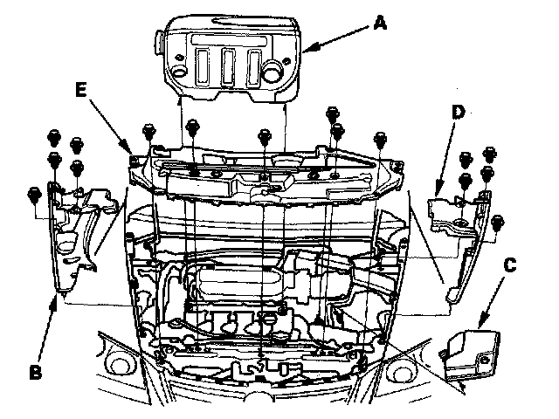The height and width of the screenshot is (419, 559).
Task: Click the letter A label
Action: (379, 24)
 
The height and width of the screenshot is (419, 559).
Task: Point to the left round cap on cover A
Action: (178, 68)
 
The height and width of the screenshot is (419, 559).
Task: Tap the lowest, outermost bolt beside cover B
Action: (34, 192)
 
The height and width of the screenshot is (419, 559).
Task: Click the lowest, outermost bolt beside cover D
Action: (499, 219)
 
